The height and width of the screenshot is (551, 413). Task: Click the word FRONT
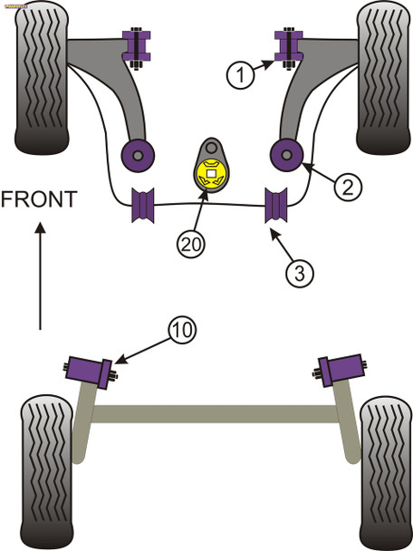[39, 198]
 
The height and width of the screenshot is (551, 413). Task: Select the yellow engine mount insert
[211, 171]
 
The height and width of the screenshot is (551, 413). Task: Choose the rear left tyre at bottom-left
[45, 471]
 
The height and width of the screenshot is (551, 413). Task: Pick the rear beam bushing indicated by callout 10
[90, 370]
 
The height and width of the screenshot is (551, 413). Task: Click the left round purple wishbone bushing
[138, 155]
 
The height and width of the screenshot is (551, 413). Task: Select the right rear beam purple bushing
[342, 368]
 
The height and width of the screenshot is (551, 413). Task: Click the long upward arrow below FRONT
[39, 276]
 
